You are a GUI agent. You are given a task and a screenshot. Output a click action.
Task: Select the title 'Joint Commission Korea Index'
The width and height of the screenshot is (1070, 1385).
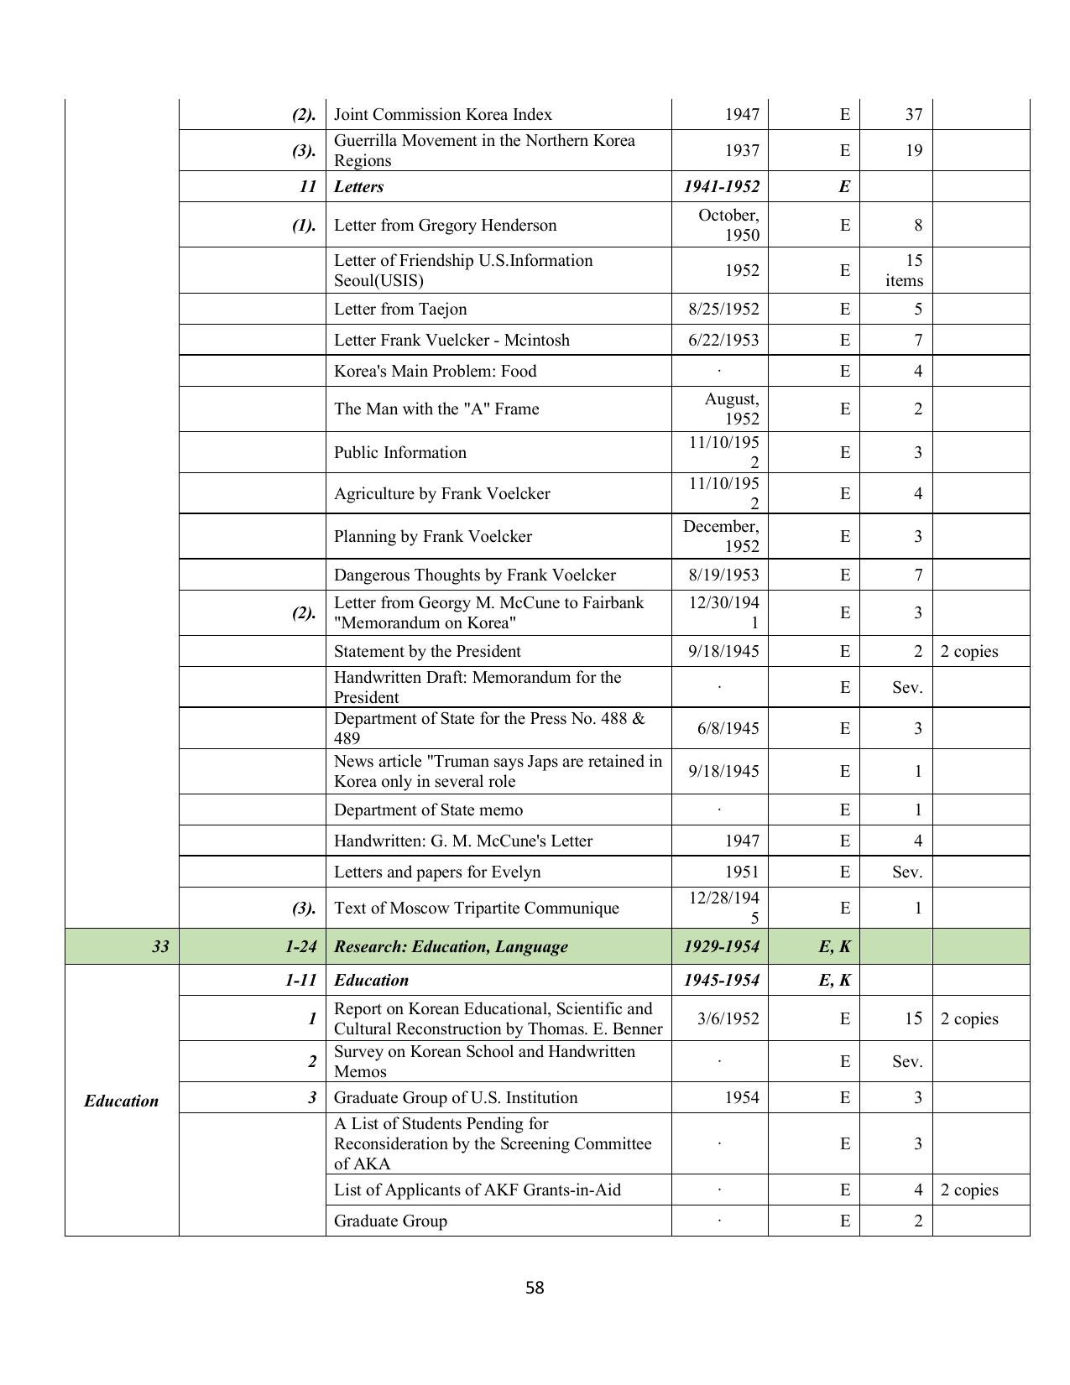442,114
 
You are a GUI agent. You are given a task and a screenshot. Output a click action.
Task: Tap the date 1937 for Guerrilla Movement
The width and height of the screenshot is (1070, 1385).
741,150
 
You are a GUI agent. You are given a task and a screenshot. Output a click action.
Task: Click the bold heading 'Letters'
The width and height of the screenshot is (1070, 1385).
358,186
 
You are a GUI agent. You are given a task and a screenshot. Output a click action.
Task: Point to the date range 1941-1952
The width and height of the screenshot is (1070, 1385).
721,186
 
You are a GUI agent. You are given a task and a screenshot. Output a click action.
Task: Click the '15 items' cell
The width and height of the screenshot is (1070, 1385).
903,270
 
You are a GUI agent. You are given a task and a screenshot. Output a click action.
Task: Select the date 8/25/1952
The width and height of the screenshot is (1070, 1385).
723,309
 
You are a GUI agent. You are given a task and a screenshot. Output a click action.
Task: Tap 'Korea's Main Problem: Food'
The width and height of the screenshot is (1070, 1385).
435,371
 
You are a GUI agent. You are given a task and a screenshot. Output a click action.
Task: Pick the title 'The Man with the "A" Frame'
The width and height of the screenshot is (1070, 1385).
436,409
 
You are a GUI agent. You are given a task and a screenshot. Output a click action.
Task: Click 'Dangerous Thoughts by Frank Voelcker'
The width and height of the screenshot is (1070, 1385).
474,575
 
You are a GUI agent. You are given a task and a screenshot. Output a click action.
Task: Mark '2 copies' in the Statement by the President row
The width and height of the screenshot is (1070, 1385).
968,651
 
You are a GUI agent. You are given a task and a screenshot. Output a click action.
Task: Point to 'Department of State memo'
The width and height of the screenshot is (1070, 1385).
428,810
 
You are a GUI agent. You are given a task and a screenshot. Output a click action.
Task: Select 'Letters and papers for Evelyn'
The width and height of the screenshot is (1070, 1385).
437,872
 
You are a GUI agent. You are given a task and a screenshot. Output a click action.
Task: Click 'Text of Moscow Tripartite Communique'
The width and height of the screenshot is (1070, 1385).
476,908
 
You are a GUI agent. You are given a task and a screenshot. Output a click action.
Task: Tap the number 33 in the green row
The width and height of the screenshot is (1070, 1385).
159,946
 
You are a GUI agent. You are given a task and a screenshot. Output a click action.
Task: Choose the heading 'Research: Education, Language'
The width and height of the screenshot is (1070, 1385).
451,946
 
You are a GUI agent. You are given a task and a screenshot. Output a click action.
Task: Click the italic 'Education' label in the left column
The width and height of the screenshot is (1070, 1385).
121,1101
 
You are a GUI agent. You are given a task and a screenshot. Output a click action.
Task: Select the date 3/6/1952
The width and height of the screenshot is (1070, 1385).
728,1018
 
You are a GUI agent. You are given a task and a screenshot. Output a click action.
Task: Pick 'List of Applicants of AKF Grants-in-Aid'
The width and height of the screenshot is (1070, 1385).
477,1190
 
